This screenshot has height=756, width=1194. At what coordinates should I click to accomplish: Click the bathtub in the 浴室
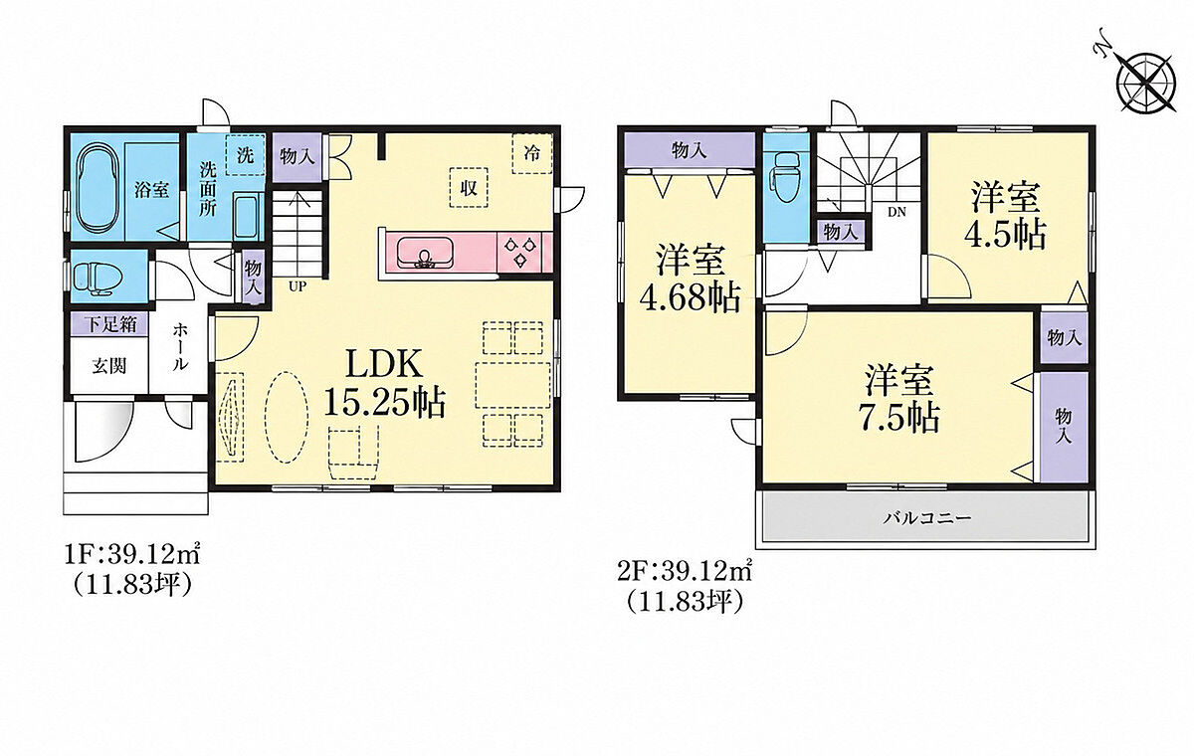pos(97,189)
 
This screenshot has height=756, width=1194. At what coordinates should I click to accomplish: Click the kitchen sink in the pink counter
pos(425,253)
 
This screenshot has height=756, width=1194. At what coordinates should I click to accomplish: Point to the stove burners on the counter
pos(519,252)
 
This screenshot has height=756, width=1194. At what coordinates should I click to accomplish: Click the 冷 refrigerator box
pos(532,153)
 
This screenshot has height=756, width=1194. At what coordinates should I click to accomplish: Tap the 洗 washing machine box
pos(245,155)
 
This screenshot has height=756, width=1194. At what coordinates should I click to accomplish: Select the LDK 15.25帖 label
pos(384,383)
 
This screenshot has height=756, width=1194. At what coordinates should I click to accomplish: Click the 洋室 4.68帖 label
pos(690,279)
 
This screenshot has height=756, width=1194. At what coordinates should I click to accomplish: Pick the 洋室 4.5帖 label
pos(1005,215)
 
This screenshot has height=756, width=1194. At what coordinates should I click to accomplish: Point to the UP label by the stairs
pos(298,286)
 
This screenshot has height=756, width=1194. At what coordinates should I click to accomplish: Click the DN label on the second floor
pos(896,212)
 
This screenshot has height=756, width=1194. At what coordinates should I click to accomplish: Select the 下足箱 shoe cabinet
pos(109,324)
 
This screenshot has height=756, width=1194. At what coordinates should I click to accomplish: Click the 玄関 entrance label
pos(108,366)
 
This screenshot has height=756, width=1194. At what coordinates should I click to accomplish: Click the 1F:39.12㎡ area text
pos(131,556)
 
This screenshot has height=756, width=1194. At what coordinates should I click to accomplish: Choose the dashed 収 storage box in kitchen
pos(469,188)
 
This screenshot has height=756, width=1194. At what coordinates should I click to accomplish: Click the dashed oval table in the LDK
pos(286,417)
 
